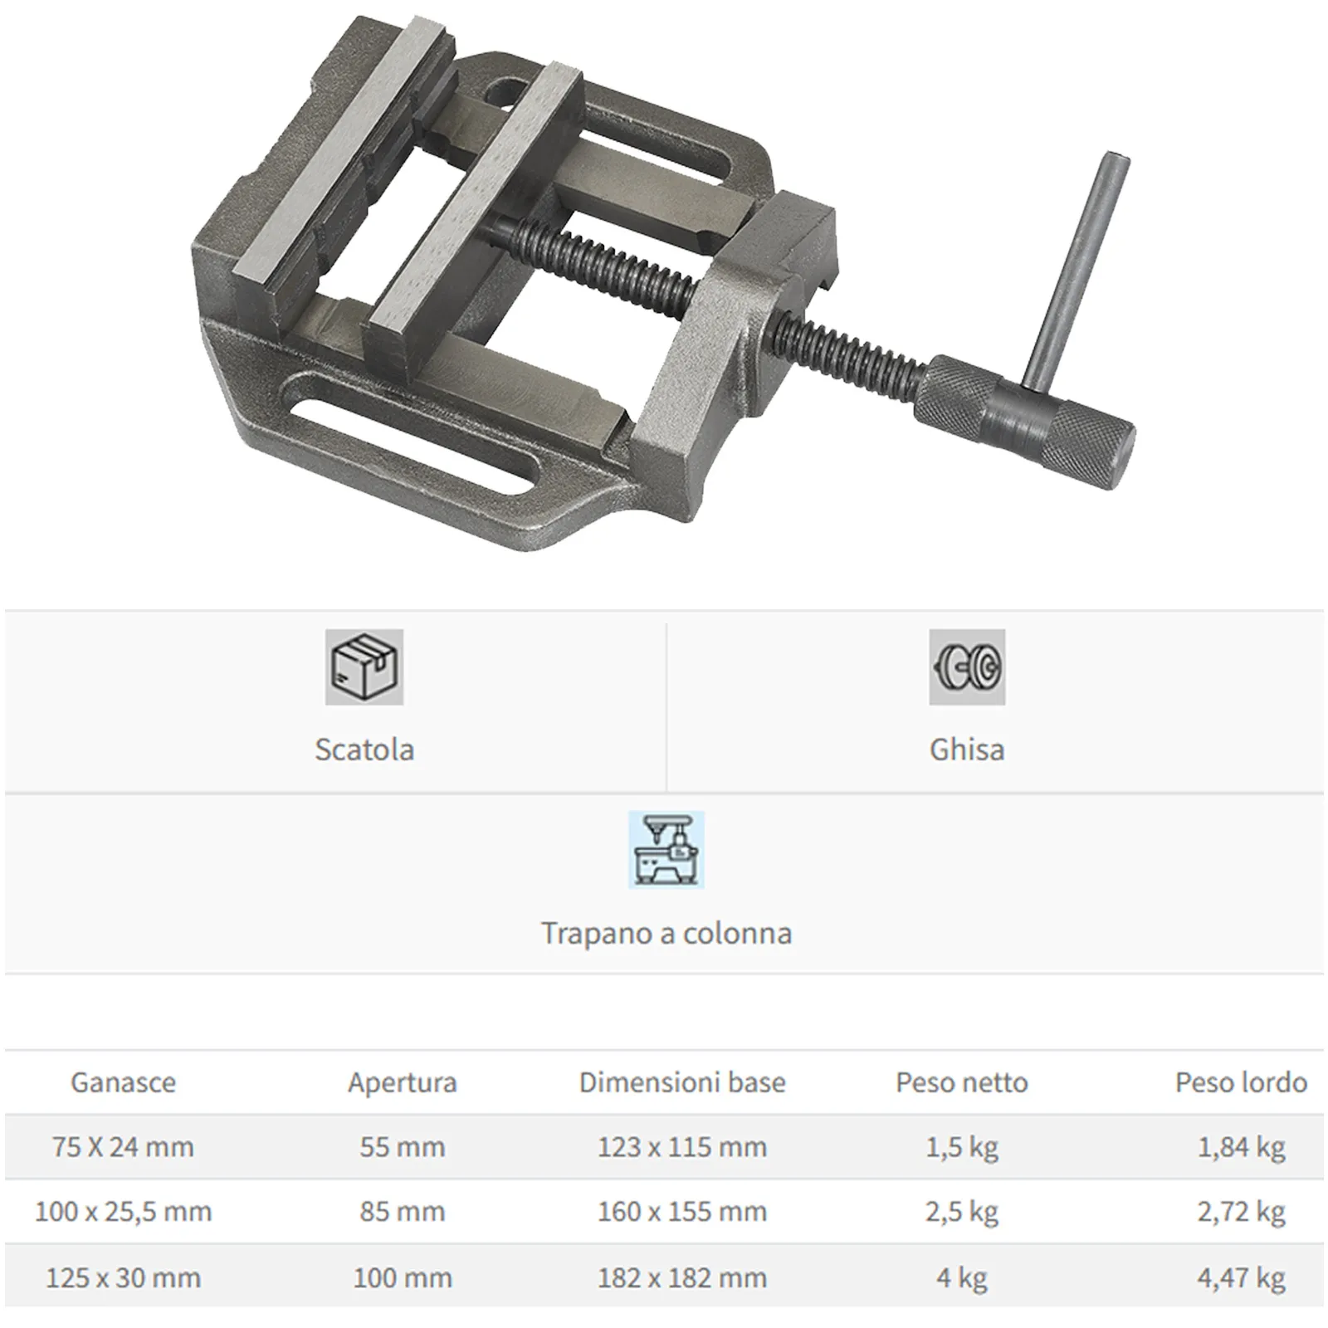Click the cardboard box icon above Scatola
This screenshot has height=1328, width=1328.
364,667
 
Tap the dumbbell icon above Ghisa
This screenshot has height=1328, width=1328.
967,667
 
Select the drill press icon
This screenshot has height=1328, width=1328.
666,850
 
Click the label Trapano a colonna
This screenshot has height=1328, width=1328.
666,934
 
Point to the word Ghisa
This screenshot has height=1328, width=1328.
967,749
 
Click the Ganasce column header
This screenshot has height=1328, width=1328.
123,1082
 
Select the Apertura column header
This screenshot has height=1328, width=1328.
403,1083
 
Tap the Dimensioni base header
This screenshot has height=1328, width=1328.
682,1082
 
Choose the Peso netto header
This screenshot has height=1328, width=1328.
962,1082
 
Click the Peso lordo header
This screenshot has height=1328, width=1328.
1242,1082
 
